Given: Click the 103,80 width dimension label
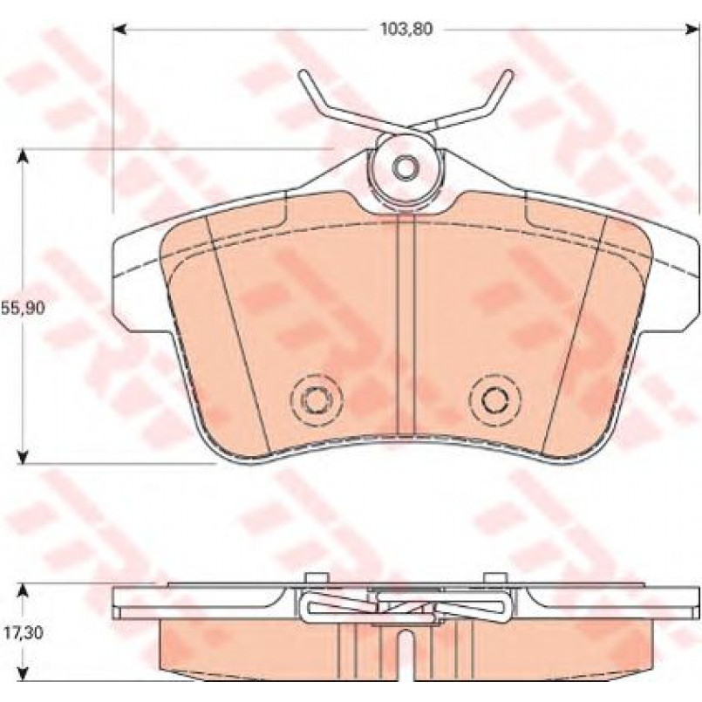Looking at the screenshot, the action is (x=406, y=30).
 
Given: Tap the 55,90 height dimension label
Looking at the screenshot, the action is (x=23, y=308).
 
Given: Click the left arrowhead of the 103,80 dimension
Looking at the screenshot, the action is (x=119, y=30).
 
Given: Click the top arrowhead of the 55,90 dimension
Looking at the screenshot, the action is (x=24, y=157).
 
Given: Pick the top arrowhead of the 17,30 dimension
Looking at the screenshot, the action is (x=24, y=591).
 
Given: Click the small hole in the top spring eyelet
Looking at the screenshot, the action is (x=406, y=167).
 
